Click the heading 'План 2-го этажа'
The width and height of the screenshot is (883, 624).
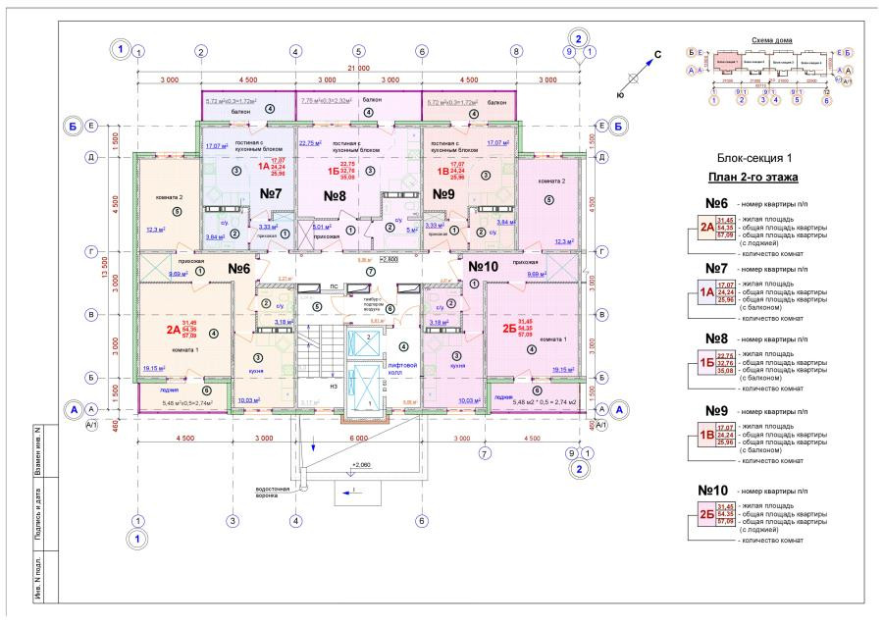click(x=752, y=178)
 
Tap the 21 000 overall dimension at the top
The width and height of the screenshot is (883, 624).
click(x=359, y=68)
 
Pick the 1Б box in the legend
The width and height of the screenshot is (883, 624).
click(x=706, y=362)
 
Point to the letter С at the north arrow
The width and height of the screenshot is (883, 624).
click(x=657, y=54)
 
